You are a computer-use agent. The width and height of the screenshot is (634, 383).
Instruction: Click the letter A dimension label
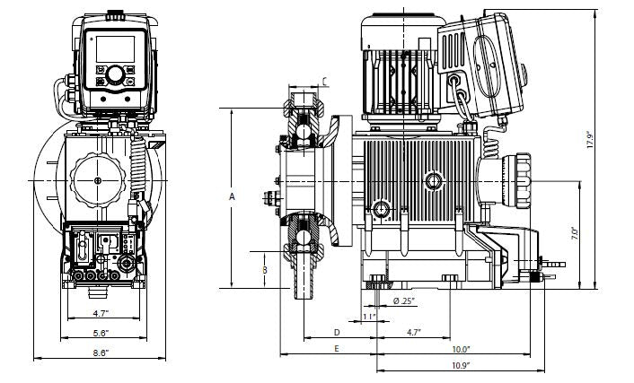click(233, 196)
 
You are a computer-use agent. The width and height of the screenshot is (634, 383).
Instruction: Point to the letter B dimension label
click(264, 268)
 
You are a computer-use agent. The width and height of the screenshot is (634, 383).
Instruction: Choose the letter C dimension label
click(325, 82)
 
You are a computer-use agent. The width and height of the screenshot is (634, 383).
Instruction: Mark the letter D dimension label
click(335, 332)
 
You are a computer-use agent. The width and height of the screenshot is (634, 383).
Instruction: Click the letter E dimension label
click(335, 348)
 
